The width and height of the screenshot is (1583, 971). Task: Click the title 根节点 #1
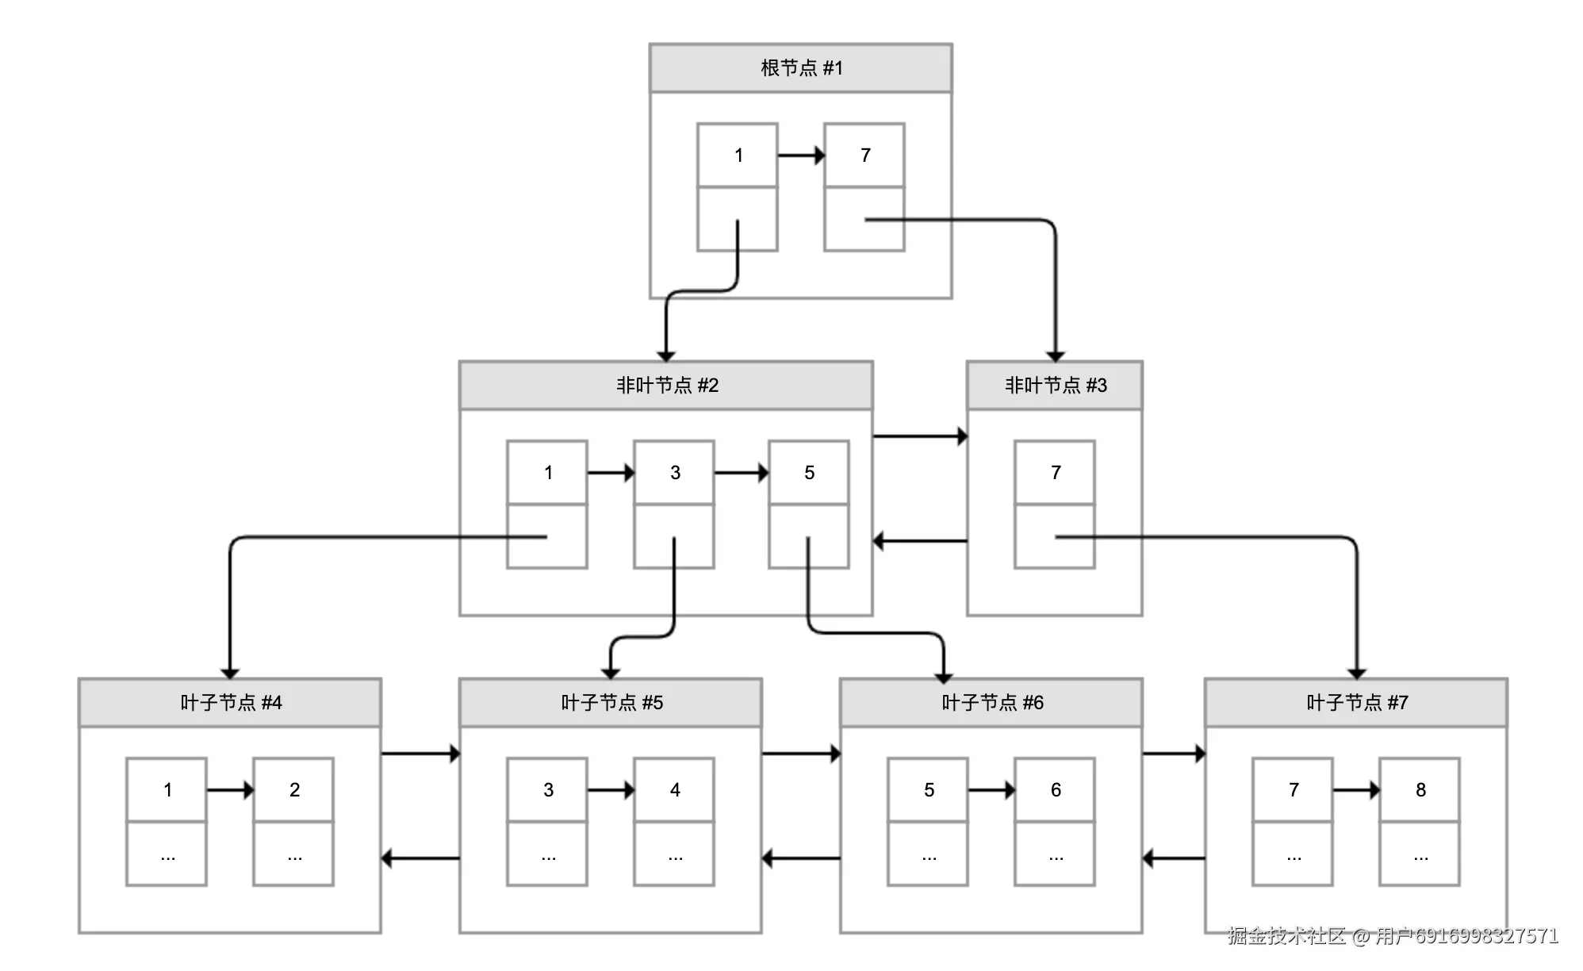point(800,68)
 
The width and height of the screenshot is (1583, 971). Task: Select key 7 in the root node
point(864,155)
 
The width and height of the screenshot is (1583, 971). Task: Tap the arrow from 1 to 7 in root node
point(800,155)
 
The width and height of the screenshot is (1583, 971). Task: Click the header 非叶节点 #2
point(666,386)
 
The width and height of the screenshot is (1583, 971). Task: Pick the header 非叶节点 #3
point(1055,386)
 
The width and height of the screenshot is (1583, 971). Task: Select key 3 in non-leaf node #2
point(674,473)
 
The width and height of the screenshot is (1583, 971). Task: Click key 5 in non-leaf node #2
point(809,473)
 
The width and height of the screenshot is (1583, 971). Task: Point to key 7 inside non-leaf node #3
point(1055,473)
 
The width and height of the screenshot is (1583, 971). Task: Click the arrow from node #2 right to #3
point(920,436)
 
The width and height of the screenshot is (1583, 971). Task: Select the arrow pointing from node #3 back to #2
point(920,541)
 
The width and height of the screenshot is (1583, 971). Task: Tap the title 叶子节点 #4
point(230,703)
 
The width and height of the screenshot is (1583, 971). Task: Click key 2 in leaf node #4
point(293,790)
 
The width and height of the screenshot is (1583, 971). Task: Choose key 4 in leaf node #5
point(674,790)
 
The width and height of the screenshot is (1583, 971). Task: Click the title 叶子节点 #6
point(991,703)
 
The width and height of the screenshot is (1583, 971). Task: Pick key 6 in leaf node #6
point(1055,790)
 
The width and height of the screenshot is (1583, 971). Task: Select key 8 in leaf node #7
point(1420,790)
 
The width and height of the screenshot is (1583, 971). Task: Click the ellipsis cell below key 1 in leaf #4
point(167,854)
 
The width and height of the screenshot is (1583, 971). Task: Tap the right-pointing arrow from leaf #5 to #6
point(801,754)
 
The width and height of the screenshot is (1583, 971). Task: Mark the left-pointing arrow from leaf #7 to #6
point(1174,858)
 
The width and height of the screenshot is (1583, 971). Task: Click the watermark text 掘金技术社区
point(1286,936)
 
